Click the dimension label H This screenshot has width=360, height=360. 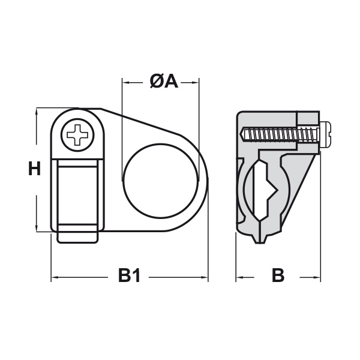coord(35,170)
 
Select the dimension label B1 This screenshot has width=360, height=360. coord(128,277)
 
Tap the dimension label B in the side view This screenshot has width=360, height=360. coord(277,277)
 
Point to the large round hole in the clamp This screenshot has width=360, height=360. coord(160,180)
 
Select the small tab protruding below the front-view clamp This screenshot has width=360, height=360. coord(77,238)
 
